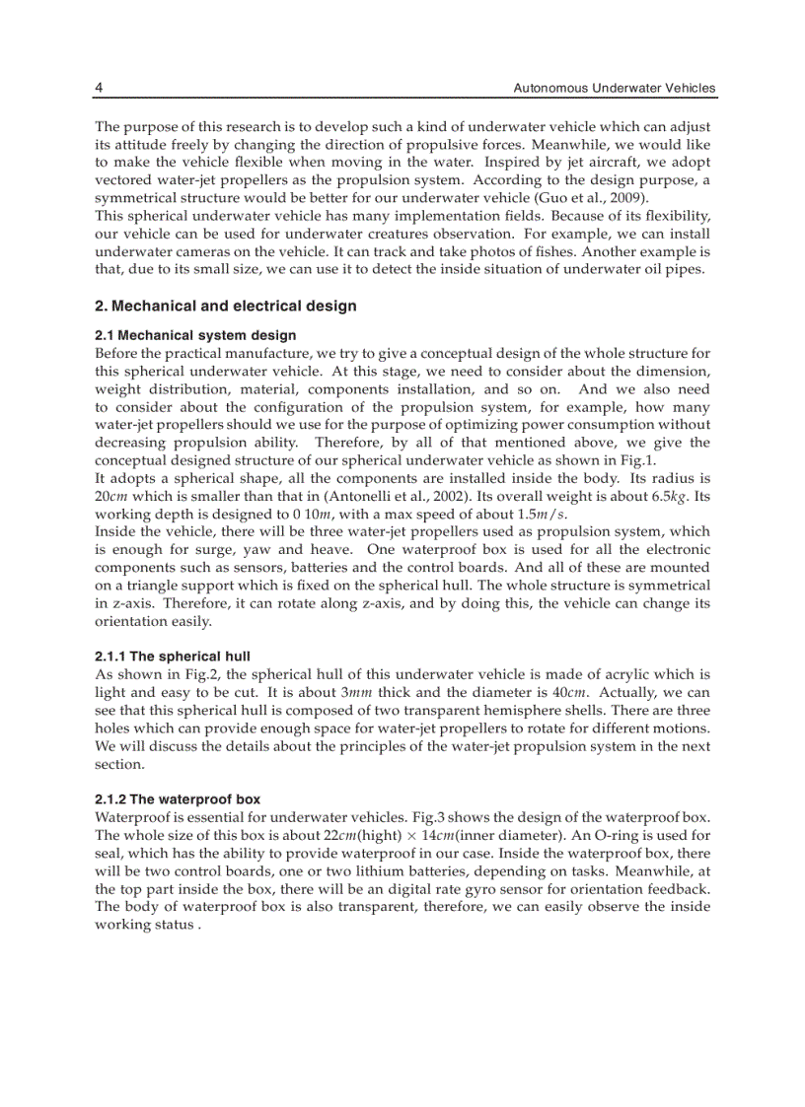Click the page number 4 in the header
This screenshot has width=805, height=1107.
pos(99,89)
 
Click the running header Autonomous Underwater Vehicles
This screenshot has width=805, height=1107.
pos(615,89)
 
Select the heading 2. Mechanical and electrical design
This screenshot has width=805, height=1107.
pos(226,307)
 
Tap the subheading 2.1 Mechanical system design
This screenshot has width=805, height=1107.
pos(195,336)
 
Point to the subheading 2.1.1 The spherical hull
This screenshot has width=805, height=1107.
pos(173,657)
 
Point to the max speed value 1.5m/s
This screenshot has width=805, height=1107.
pos(541,514)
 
